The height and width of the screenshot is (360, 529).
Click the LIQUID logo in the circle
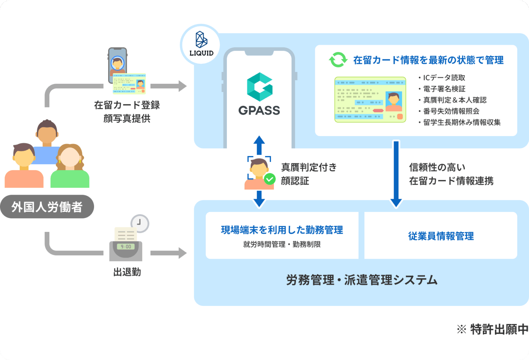pos(201,44)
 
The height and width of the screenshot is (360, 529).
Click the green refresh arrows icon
pos(338,60)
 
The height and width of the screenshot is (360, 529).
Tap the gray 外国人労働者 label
pos(47,207)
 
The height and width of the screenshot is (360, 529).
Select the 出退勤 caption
pos(127,272)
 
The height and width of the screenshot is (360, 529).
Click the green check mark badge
pos(269,179)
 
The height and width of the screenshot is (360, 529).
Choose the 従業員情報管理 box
pos(441,236)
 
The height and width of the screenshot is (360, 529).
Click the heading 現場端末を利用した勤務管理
pos(282,230)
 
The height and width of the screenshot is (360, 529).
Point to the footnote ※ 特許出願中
pos(492,329)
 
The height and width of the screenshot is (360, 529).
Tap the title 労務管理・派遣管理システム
pos(362,280)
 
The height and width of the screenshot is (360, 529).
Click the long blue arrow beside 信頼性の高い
pos(396,174)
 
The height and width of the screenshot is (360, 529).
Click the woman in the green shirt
pos(70,167)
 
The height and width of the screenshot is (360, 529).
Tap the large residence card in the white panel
pos(370,100)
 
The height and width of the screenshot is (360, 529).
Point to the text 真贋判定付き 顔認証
pos(309,174)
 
